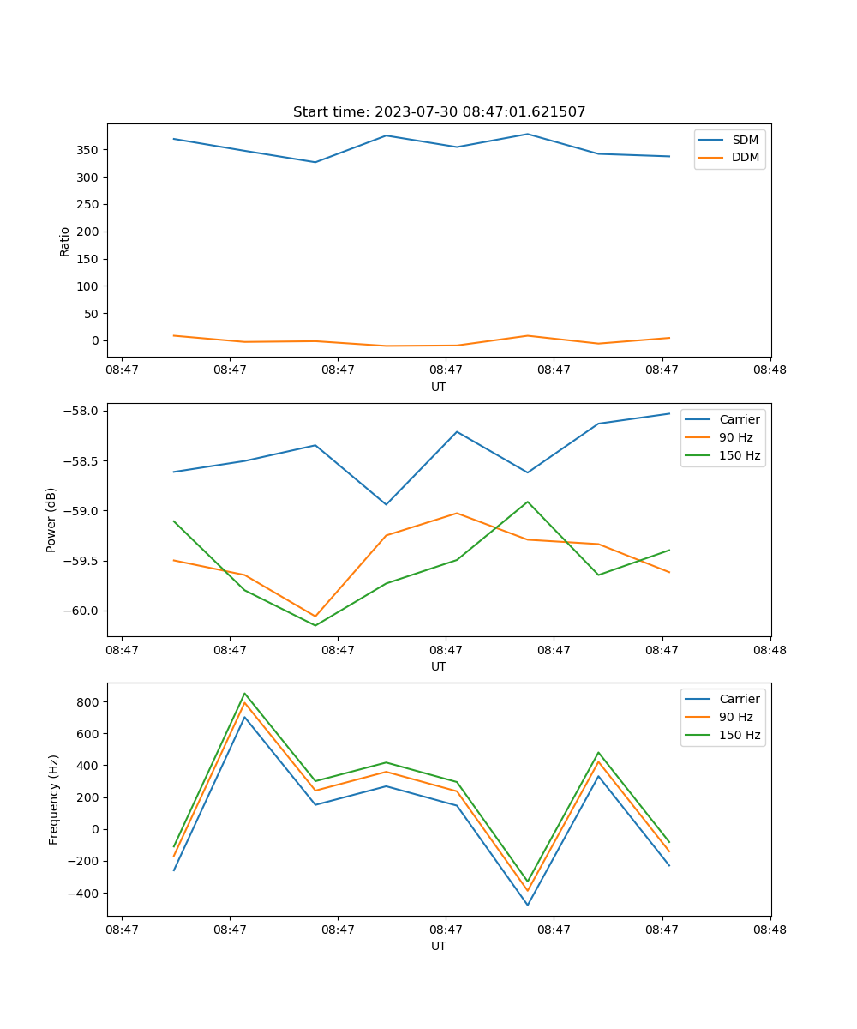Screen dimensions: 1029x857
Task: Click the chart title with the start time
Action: [x=439, y=112]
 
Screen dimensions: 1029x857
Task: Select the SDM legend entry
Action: [x=745, y=140]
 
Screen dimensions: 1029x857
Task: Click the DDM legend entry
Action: [x=745, y=157]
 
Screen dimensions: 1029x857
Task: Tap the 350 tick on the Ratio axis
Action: [x=89, y=150]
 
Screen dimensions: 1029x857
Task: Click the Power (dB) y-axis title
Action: [x=51, y=520]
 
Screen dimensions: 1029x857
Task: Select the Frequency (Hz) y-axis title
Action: [x=53, y=799]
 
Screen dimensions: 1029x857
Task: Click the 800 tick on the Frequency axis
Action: [x=89, y=702]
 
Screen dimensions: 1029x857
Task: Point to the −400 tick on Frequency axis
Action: [x=86, y=894]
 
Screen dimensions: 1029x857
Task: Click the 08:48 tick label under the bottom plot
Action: [x=770, y=930]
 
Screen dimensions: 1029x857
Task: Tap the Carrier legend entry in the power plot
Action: [x=739, y=419]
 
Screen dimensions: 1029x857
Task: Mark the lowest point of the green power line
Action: [x=315, y=625]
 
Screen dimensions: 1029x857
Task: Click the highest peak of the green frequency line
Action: [x=245, y=694]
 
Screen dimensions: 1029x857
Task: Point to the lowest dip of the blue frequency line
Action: [x=528, y=905]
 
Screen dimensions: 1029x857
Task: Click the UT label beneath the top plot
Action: [x=439, y=387]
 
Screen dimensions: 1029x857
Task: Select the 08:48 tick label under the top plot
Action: [x=770, y=370]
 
